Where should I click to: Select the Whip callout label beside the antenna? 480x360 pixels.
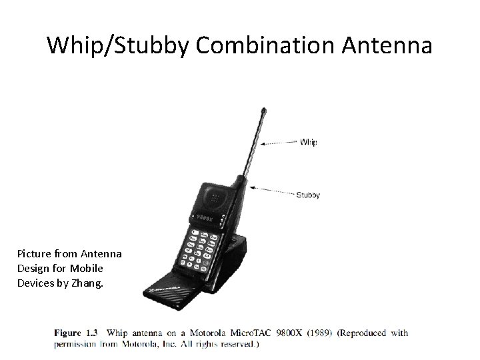pyautogui.click(x=309, y=142)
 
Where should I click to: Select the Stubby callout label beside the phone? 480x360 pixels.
pyautogui.click(x=308, y=195)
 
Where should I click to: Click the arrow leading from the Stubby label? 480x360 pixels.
pyautogui.click(x=273, y=192)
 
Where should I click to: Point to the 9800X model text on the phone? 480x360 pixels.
pyautogui.click(x=206, y=217)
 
